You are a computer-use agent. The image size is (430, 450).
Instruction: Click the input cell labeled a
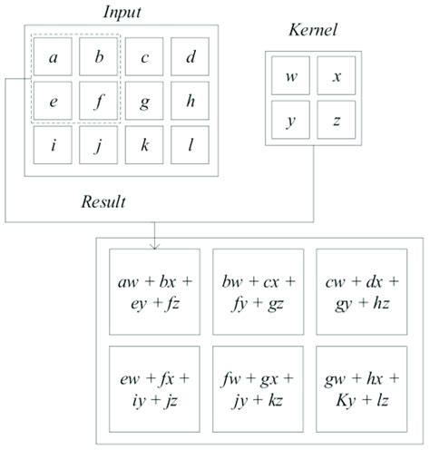(x=54, y=58)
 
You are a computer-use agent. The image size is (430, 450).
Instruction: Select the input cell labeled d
(x=191, y=58)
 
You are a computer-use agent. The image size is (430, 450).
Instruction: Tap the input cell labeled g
(x=145, y=102)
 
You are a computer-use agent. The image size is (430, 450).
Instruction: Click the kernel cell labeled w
(x=291, y=76)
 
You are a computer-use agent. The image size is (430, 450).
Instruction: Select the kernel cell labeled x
(x=336, y=76)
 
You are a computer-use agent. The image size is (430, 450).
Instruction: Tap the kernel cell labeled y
(x=291, y=120)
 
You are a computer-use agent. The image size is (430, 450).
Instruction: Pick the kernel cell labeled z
(x=336, y=120)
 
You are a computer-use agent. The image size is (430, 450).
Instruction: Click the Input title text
(x=122, y=13)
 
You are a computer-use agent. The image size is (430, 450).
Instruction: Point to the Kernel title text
(x=311, y=31)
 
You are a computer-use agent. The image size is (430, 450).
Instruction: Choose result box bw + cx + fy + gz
(x=257, y=289)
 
